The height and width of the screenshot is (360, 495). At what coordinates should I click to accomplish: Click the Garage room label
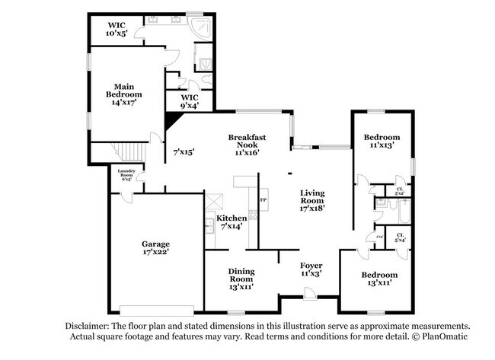155,248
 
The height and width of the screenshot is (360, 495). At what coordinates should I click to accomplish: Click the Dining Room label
241,279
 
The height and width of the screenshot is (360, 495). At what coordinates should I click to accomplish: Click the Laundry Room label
126,175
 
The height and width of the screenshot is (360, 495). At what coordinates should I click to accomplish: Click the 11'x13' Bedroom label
382,142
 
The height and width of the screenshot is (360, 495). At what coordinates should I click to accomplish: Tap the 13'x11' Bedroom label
378,279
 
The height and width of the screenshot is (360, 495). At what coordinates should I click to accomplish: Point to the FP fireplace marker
263,200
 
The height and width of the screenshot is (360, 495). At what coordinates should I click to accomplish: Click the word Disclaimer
90,325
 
